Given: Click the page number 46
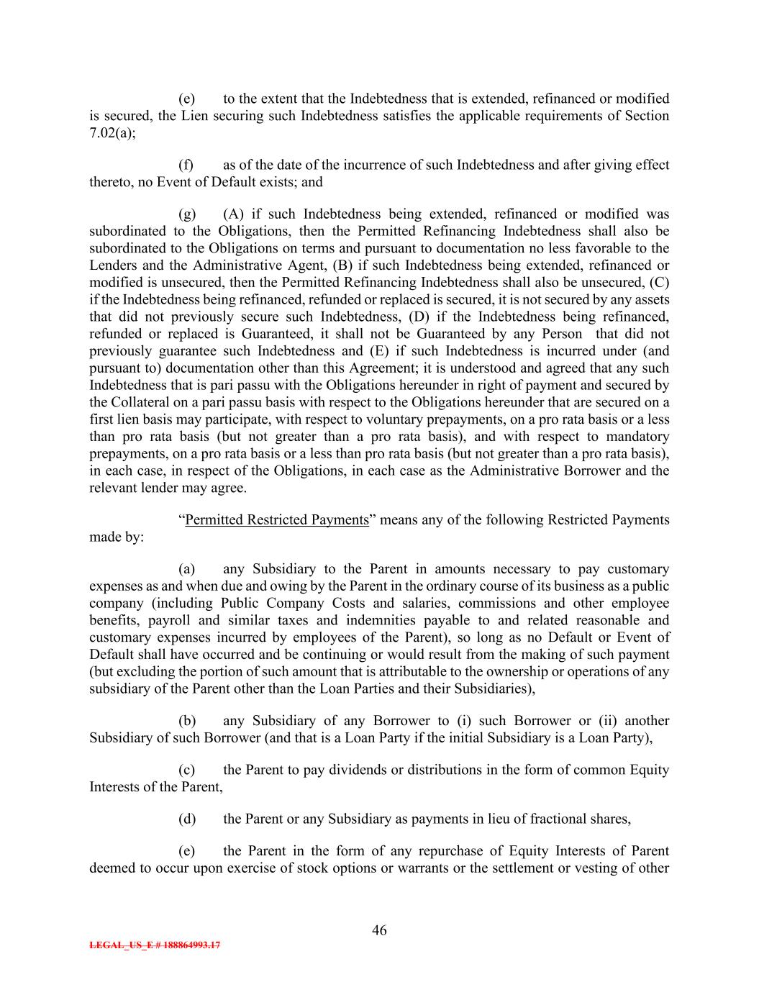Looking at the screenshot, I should (379, 930).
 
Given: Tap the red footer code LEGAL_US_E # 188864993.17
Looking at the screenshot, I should (155, 945).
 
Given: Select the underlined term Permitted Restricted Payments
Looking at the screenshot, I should (276, 520).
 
